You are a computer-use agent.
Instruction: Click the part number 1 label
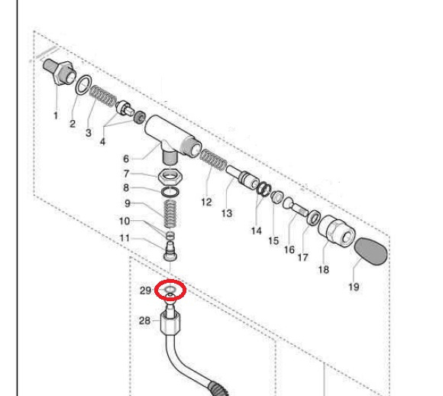[56, 115]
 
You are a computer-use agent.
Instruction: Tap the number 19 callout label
[354, 287]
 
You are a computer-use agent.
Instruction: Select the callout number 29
[145, 291]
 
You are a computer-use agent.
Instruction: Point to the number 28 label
[144, 321]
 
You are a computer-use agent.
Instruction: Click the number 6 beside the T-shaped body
[126, 159]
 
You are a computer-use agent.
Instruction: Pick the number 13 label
[227, 213]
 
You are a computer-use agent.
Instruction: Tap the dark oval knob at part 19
[370, 251]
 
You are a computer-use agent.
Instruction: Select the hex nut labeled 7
[170, 177]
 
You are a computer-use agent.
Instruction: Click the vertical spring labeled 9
[170, 214]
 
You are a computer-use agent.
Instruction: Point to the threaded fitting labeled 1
[60, 72]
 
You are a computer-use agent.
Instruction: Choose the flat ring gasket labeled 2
[83, 84]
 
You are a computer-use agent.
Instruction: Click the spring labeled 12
[213, 160]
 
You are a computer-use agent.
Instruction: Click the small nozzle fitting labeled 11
[170, 251]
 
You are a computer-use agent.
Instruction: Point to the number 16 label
[289, 250]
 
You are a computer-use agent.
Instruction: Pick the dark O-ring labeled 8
[170, 192]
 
